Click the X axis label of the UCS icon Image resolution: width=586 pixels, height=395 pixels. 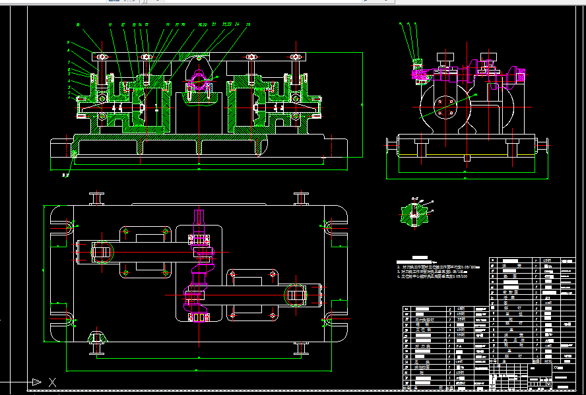coord(53,382)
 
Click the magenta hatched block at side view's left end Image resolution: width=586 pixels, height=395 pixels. coord(418,73)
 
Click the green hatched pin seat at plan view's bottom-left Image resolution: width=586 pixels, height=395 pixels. coord(97,338)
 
